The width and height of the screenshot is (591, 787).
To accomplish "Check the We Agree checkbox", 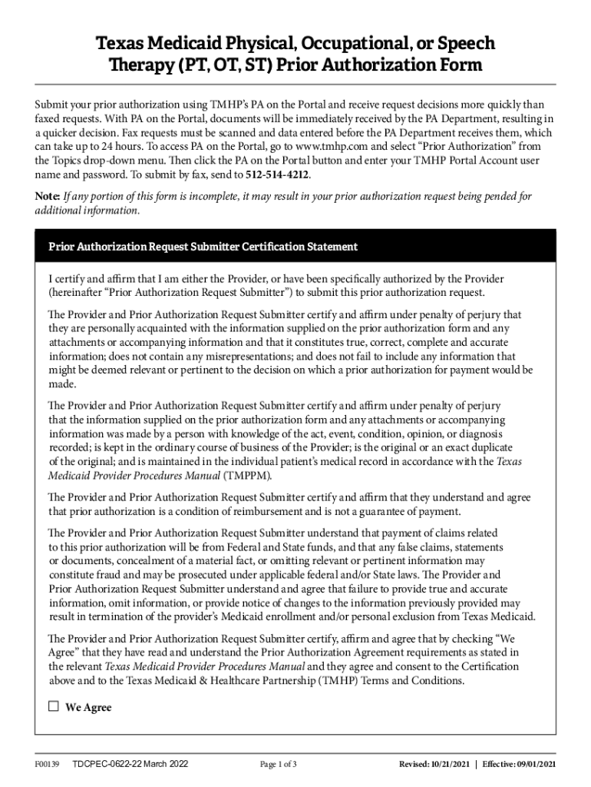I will [x=54, y=707].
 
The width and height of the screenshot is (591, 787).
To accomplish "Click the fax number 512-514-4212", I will [x=278, y=174].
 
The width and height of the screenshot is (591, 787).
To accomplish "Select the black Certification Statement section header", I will [x=295, y=247].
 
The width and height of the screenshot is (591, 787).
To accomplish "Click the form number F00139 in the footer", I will [x=48, y=764].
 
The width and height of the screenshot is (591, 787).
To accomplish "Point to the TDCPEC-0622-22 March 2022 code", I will [x=130, y=764].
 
